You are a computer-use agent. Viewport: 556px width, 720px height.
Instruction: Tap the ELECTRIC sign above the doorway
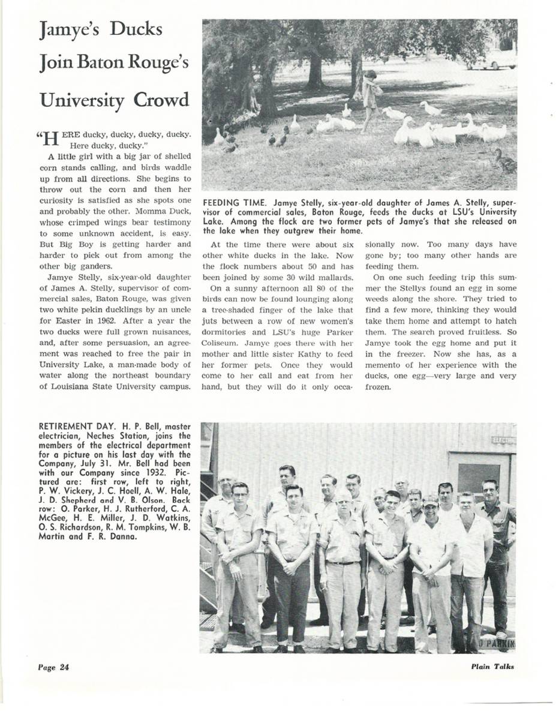(x=501, y=442)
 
